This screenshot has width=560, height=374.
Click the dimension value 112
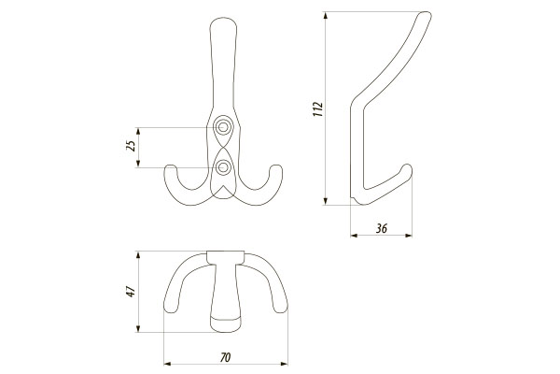pos(317,108)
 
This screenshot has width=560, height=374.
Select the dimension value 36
pos(382,228)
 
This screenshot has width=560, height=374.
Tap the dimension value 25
pos(132,145)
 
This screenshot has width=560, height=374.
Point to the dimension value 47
pos(132,292)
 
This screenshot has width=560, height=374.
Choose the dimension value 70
pos(225,357)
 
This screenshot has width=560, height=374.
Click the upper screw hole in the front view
pos(223,127)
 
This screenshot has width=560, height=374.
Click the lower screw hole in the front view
pos(224,166)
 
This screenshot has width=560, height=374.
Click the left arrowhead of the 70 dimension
pos(167,365)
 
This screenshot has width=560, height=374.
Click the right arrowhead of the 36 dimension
pos(409,235)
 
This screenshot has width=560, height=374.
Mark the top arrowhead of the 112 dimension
pos(326,15)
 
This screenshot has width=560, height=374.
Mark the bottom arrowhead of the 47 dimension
pos(137,328)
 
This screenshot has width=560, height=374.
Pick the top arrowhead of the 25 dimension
pos(138,131)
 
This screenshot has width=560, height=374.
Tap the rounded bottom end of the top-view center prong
pos(225,324)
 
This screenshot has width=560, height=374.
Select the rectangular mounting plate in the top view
pos(226,257)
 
